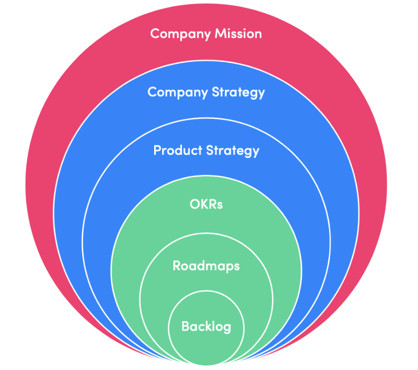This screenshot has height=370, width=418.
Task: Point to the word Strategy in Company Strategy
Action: coord(238,92)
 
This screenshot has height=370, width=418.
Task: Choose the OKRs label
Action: coord(206,204)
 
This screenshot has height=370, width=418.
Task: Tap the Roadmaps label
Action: coord(206,266)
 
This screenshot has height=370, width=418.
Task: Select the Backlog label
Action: coord(206,326)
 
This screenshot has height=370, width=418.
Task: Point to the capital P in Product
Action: coord(157,150)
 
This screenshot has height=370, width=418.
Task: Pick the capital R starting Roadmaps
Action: coord(176,266)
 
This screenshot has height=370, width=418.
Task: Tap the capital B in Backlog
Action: coord(185,326)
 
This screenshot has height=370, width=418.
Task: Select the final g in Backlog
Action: coord(227,327)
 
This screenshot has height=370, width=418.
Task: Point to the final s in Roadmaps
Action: coord(237,267)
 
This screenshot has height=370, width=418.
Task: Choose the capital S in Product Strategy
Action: coord(209,150)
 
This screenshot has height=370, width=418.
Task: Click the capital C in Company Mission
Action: coord(155,34)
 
